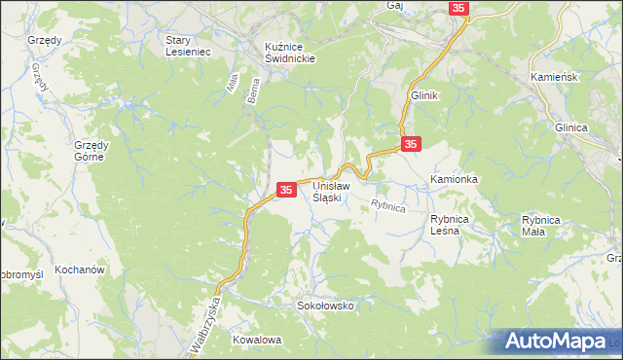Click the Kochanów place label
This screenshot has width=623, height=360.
pos(80,269)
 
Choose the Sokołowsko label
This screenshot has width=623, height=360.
pos(325,306)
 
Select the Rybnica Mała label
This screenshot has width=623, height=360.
pos(541,225)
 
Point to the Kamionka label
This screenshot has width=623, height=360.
pos(455,180)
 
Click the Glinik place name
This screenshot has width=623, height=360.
pos(425,95)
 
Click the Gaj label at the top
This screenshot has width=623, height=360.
pos(394,5)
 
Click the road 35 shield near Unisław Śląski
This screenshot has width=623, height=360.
pos(286,191)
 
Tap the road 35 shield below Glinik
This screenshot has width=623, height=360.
pos(411,144)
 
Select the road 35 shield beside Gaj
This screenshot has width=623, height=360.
pos(459,8)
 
